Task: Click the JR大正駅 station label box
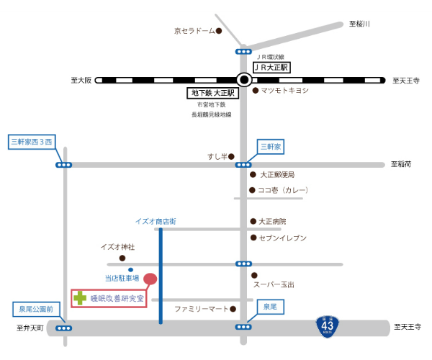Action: tap(271, 67)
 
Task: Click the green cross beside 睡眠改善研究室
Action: tap(79, 297)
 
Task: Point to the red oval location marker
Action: tap(150, 278)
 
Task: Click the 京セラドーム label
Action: tap(194, 31)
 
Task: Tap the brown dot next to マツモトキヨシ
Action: tap(254, 91)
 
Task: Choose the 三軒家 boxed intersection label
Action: tap(272, 146)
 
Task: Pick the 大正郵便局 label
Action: tap(277, 174)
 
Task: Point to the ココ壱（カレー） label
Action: tap(284, 190)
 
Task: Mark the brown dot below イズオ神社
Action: tap(122, 257)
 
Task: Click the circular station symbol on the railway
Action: tap(244, 80)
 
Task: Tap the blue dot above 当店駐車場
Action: tap(131, 269)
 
